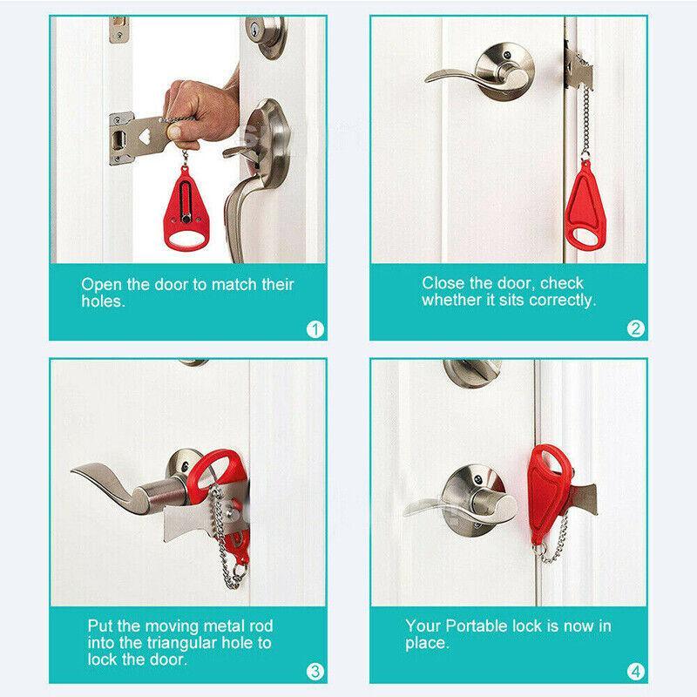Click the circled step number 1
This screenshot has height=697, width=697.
pos(315,329)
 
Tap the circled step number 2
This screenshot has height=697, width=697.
pos(635,329)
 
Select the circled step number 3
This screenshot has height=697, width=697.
pos(315,671)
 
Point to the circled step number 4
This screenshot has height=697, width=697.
pos(635,671)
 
